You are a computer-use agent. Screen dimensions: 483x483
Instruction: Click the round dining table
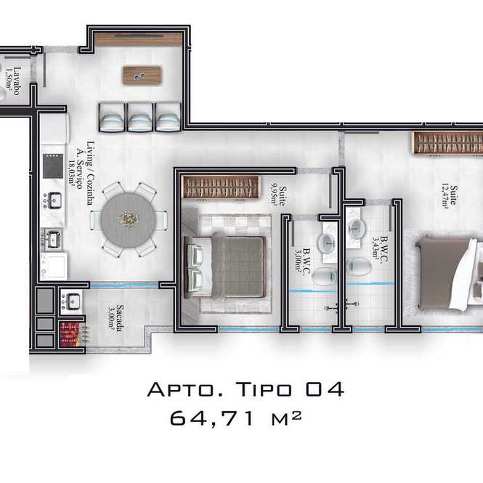tap(128, 220)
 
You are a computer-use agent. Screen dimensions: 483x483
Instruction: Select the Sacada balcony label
tap(115, 317)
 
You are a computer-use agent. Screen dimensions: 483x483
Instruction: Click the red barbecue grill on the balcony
tap(72, 335)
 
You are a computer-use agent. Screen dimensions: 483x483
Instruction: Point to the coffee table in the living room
tap(142, 75)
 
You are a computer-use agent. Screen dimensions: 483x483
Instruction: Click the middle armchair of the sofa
tap(140, 117)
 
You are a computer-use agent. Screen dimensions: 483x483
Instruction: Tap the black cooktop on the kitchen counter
tap(53, 166)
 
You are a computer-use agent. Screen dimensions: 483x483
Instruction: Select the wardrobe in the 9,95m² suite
tap(221, 187)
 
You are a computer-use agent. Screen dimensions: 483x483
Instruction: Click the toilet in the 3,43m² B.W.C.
tap(359, 266)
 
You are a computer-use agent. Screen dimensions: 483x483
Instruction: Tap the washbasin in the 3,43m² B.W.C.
tap(357, 229)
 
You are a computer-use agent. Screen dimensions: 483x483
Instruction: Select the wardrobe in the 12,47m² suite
tap(447, 142)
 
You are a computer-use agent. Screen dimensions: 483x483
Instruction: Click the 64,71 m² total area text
tap(235, 418)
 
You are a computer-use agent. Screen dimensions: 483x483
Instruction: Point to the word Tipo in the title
tap(264, 389)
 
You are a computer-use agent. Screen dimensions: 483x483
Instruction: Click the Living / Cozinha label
tap(91, 173)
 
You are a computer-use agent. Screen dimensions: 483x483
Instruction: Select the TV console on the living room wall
tap(139, 39)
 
